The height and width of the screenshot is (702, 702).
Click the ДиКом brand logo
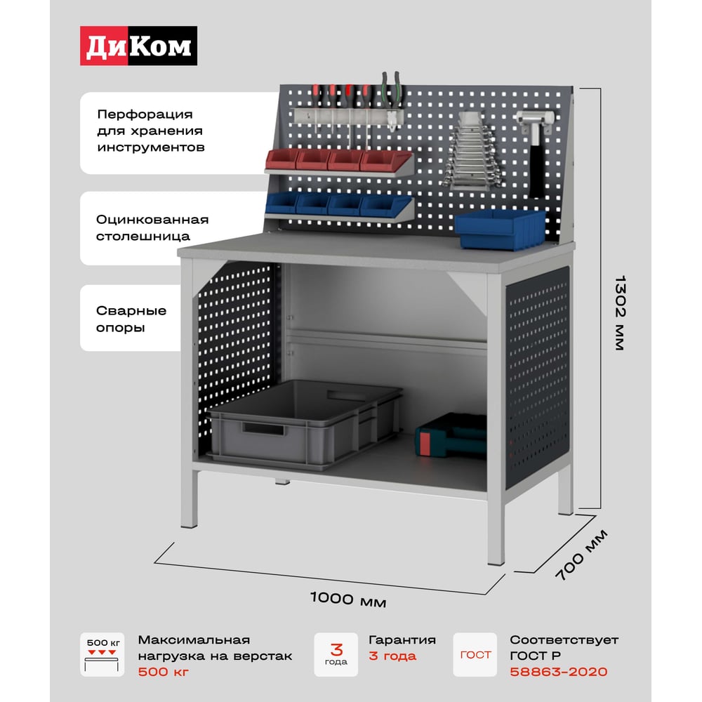[138, 46]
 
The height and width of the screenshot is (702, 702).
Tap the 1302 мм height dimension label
[620, 313]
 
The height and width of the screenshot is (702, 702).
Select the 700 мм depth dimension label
[581, 555]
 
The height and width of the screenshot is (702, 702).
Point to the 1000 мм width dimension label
[348, 599]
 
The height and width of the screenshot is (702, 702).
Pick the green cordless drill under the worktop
[451, 436]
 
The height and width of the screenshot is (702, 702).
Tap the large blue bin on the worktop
[500, 229]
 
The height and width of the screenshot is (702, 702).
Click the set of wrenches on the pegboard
[472, 157]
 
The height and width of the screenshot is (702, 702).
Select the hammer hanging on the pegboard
[536, 152]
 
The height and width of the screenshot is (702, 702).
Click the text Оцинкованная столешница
[152, 228]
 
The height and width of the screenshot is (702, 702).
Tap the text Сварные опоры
[131, 319]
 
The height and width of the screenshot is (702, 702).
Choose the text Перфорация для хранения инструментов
[151, 131]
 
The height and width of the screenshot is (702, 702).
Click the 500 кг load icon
[102, 654]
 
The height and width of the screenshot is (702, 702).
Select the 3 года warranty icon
[336, 654]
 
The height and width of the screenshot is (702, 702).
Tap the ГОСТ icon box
[475, 654]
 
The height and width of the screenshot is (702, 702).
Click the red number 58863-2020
[558, 672]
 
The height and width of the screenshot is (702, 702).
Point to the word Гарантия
[402, 640]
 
